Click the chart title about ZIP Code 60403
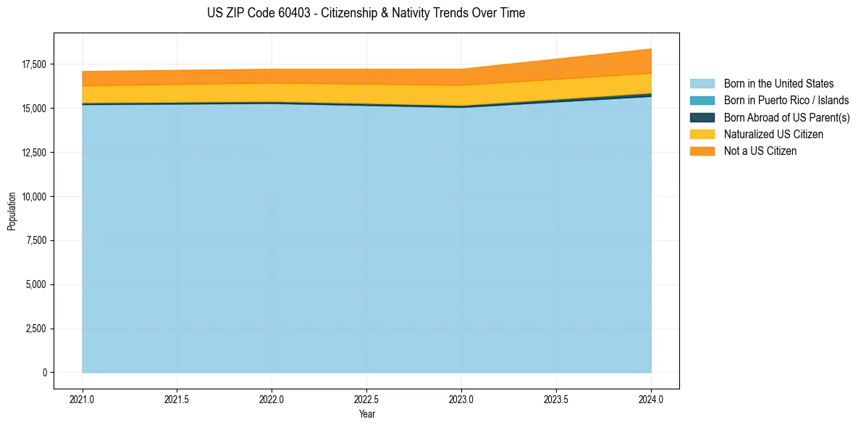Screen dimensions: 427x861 (x=366, y=13)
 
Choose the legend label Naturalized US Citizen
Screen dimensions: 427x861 (x=773, y=134)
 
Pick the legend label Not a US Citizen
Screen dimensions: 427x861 (x=760, y=151)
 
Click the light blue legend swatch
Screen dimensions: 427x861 (x=702, y=84)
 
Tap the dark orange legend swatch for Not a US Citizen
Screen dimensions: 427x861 (x=702, y=151)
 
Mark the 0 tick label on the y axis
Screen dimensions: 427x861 (x=44, y=373)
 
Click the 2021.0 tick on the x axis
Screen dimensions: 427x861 (x=83, y=399)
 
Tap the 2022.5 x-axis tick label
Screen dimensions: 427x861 (x=366, y=399)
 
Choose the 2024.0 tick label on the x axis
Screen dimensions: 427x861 (x=651, y=399)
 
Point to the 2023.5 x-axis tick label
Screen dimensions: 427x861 (x=556, y=399)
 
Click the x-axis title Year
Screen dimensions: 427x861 (x=366, y=414)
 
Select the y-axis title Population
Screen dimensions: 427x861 (x=12, y=211)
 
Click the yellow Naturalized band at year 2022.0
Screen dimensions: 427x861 (x=272, y=93)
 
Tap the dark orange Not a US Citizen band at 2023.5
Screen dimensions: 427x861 (x=556, y=70)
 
